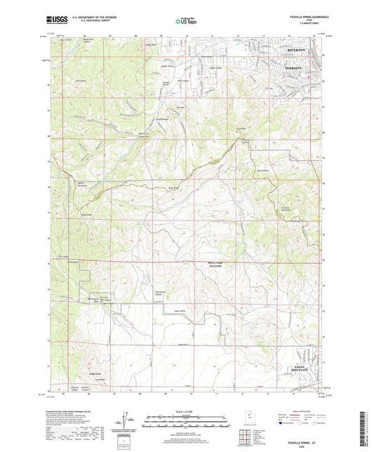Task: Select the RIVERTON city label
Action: pyautogui.click(x=298, y=51)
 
